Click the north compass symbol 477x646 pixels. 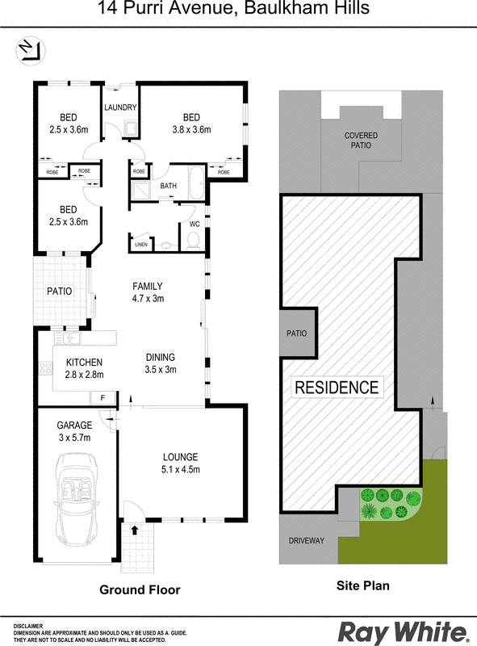click(31, 51)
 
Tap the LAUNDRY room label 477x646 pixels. click(120, 107)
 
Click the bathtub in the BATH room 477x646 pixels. click(196, 183)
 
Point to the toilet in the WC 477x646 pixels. click(193, 241)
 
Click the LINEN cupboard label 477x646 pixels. click(141, 245)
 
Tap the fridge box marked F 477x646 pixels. click(103, 398)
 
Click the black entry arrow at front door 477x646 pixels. click(134, 530)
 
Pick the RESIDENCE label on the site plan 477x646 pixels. click(337, 388)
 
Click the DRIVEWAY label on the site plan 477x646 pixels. click(307, 540)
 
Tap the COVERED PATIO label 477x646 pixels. click(361, 141)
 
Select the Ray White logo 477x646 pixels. click(404, 631)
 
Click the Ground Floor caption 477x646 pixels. click(140, 590)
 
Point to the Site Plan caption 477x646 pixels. click(363, 585)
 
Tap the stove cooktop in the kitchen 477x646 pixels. click(45, 367)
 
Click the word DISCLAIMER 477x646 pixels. click(28, 627)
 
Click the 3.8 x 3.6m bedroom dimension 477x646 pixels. click(191, 130)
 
